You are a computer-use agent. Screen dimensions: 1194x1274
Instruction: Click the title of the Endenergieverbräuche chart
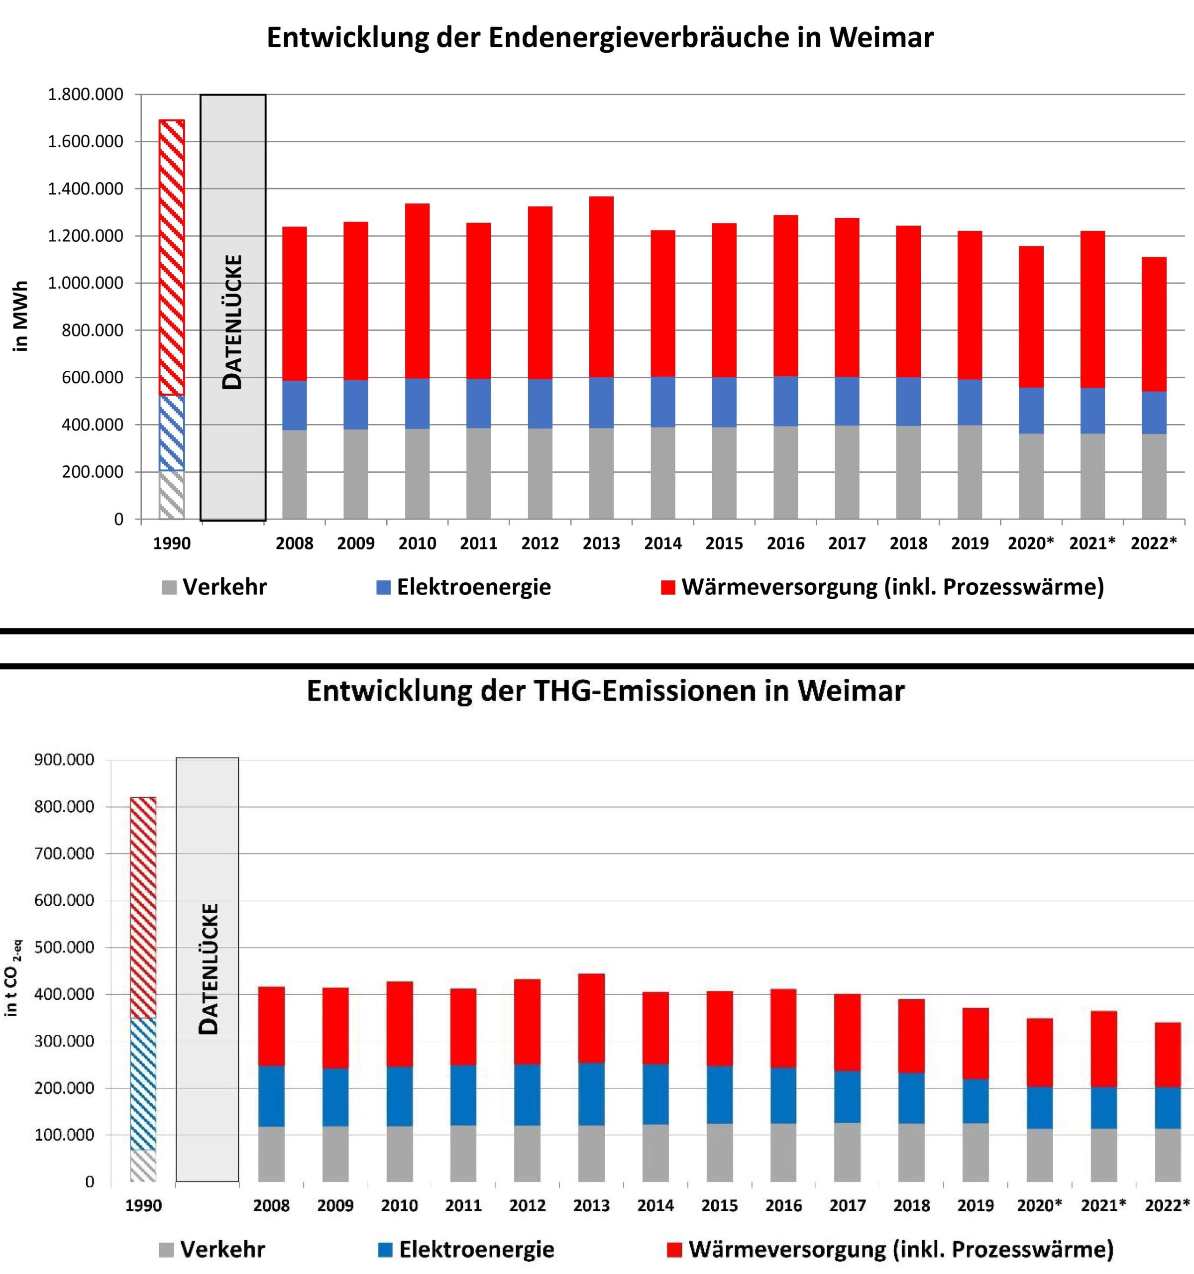[x=600, y=38]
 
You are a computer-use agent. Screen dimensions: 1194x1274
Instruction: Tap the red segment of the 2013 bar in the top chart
[x=601, y=287]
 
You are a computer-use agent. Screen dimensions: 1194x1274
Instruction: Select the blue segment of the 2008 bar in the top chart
[x=294, y=405]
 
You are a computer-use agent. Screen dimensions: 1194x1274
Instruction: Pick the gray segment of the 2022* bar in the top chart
[x=1154, y=476]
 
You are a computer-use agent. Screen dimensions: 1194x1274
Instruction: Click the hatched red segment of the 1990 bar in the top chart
[x=172, y=257]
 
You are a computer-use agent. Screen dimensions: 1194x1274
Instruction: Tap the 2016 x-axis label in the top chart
[x=786, y=543]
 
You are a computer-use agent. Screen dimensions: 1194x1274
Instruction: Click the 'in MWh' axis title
[x=21, y=316]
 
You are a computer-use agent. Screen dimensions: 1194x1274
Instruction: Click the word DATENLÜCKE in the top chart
[x=232, y=322]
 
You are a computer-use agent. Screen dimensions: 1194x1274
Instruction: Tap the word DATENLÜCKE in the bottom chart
[x=209, y=969]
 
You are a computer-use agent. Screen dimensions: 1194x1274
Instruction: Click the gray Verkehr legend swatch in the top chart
[x=169, y=588]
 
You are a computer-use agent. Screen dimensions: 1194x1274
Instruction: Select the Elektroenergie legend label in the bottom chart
[x=476, y=1249]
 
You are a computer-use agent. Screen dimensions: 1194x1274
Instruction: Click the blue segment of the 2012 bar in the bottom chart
[x=527, y=1095]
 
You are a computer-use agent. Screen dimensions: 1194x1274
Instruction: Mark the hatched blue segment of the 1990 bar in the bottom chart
[x=143, y=1084]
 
